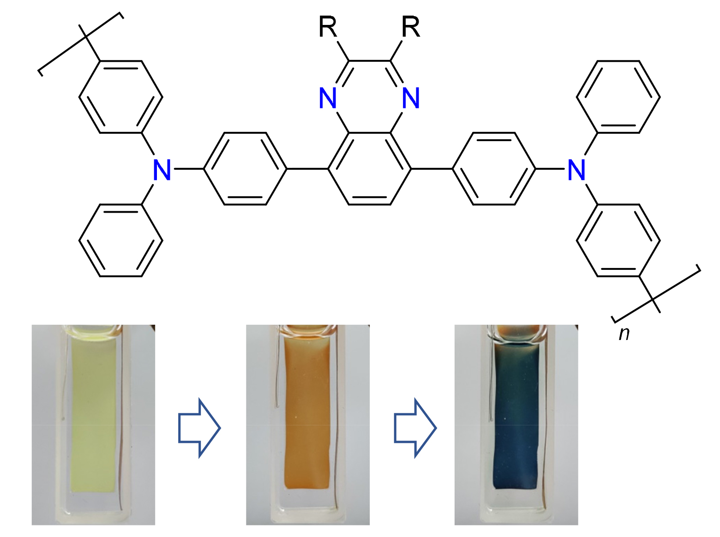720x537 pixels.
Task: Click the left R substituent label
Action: click(x=328, y=27)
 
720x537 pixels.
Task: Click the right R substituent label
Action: click(x=411, y=27)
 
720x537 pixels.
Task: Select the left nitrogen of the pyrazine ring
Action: click(x=328, y=98)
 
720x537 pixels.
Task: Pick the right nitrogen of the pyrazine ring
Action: click(x=411, y=98)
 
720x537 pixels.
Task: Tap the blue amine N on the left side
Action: click(x=162, y=170)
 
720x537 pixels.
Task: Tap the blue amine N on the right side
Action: click(x=577, y=170)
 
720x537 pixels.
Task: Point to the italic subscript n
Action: click(x=624, y=333)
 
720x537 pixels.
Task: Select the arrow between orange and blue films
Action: click(x=415, y=428)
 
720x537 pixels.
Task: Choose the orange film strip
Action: click(x=307, y=415)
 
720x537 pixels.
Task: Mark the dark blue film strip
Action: click(x=516, y=415)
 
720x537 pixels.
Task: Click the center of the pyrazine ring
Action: click(x=370, y=97)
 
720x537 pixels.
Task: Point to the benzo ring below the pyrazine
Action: click(x=370, y=169)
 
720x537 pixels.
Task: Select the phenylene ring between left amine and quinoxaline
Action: click(x=245, y=169)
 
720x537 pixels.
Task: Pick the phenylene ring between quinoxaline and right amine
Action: click(x=494, y=169)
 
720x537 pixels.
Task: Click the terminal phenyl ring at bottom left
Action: click(x=121, y=240)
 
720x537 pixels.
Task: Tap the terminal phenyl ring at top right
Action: click(x=618, y=97)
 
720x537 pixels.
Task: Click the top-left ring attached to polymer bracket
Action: click(x=121, y=97)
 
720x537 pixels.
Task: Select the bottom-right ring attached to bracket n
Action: click(x=618, y=240)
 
